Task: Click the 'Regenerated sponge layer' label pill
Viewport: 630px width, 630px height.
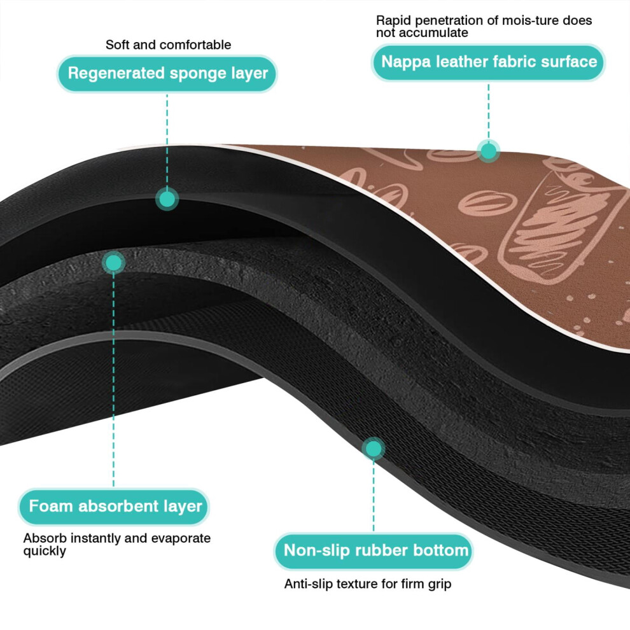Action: (x=167, y=74)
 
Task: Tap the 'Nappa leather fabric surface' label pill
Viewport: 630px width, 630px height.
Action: (x=489, y=62)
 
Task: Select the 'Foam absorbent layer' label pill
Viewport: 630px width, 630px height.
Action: (x=114, y=507)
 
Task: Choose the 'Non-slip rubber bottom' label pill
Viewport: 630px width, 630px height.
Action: (x=374, y=551)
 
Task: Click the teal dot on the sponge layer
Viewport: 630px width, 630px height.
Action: (x=167, y=199)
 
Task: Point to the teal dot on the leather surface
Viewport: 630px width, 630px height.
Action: (x=489, y=151)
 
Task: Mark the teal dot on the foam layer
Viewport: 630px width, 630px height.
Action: (x=114, y=263)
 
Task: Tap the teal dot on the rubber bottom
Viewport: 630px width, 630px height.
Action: (x=374, y=449)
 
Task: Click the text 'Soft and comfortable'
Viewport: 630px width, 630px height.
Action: (x=169, y=45)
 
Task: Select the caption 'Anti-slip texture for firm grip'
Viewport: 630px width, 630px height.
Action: (x=368, y=584)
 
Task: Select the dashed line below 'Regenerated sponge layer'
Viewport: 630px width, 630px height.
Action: (x=167, y=141)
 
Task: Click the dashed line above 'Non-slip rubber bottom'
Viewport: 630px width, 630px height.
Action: (x=374, y=494)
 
